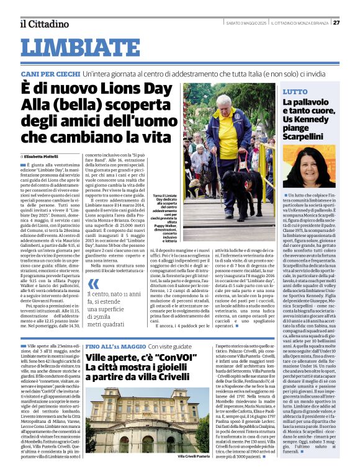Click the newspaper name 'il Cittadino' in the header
43,24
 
